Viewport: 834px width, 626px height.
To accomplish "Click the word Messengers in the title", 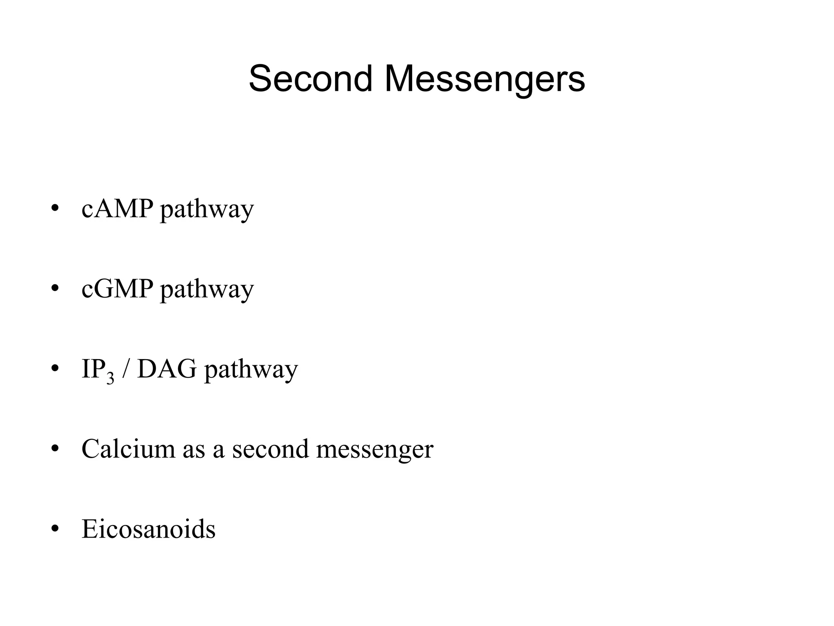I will [484, 79].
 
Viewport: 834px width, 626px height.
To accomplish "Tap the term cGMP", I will [117, 289].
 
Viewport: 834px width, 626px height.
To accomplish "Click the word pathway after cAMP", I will [207, 210].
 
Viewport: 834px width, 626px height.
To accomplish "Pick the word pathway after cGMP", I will [207, 291].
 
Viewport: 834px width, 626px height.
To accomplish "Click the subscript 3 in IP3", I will [110, 379].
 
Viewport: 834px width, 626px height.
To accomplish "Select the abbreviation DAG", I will [167, 369].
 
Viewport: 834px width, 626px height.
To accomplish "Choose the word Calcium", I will [128, 449].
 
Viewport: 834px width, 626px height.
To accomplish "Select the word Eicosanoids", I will [148, 529].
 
